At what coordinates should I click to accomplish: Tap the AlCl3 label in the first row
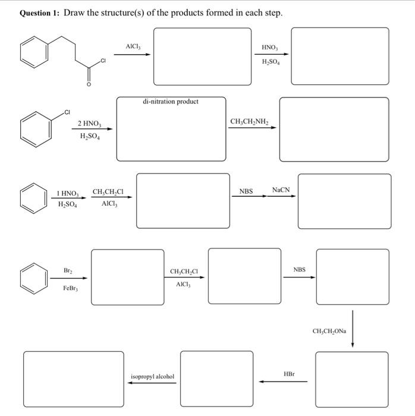133,46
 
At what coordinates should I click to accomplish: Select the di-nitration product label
171,102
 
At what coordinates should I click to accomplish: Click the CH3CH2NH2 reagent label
250,122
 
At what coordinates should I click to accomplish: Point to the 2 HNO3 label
89,124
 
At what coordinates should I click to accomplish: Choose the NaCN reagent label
281,190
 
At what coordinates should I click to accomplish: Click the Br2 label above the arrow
67,270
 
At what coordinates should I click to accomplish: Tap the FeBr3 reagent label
70,288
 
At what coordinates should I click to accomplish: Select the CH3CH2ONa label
329,330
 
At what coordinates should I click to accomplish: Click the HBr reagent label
289,374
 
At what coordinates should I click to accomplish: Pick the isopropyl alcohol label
152,376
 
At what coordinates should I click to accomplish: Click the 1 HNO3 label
67,193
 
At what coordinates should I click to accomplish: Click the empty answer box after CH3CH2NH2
334,129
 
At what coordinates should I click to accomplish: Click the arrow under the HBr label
283,382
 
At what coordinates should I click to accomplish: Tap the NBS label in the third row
246,191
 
